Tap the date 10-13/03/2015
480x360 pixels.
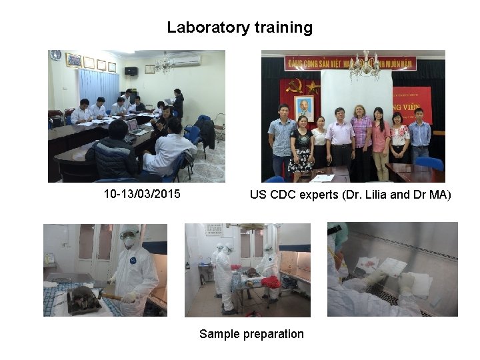pyautogui.click(x=141, y=195)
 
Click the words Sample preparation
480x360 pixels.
pyautogui.click(x=251, y=334)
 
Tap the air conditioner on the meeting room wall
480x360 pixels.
pyautogui.click(x=188, y=60)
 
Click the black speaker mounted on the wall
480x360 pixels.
pyautogui.click(x=131, y=71)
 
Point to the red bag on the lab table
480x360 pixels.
pyautogui.click(x=271, y=282)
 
